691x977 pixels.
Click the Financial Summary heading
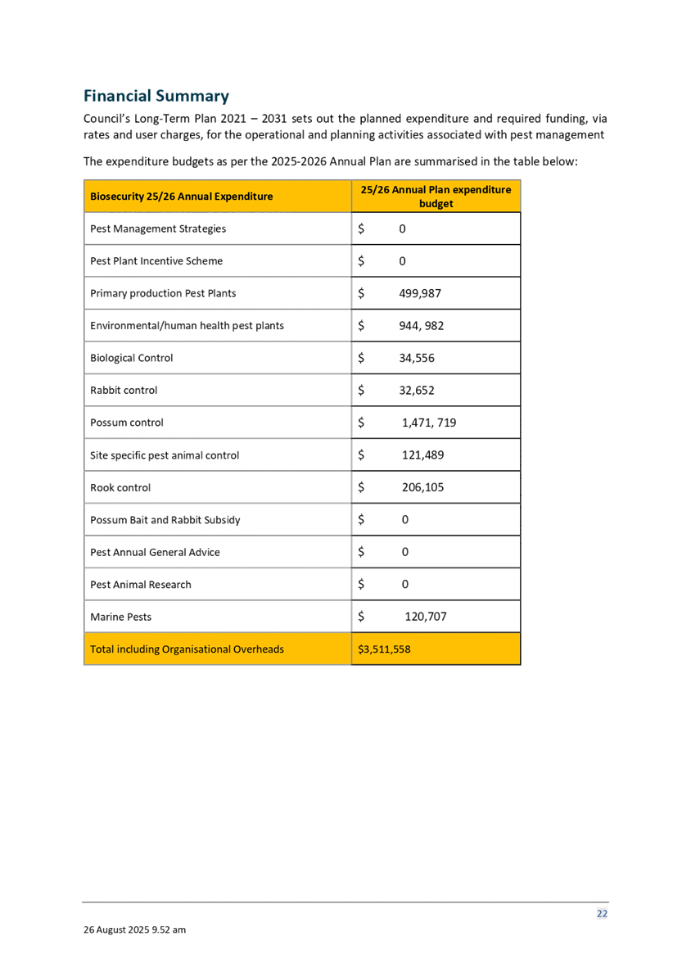click(x=156, y=95)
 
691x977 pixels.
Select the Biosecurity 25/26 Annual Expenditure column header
click(x=181, y=197)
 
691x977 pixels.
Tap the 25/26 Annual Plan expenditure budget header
click(x=436, y=197)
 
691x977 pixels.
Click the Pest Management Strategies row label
click(x=158, y=229)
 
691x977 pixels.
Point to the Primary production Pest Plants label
click(x=163, y=293)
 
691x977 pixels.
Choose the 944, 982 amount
click(x=421, y=326)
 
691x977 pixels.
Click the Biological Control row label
click(x=131, y=358)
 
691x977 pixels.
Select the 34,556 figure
click(x=417, y=358)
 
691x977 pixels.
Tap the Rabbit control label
click(x=123, y=390)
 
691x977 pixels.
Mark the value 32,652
click(x=417, y=390)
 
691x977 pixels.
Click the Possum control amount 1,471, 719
click(x=429, y=423)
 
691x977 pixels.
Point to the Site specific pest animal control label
click(x=164, y=455)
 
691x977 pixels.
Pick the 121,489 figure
click(x=423, y=455)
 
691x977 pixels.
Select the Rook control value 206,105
click(x=423, y=487)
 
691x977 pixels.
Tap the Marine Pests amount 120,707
click(x=425, y=617)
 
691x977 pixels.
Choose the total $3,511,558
click(x=384, y=649)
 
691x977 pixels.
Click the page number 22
click(x=602, y=914)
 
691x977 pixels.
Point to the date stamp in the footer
click(x=134, y=930)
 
